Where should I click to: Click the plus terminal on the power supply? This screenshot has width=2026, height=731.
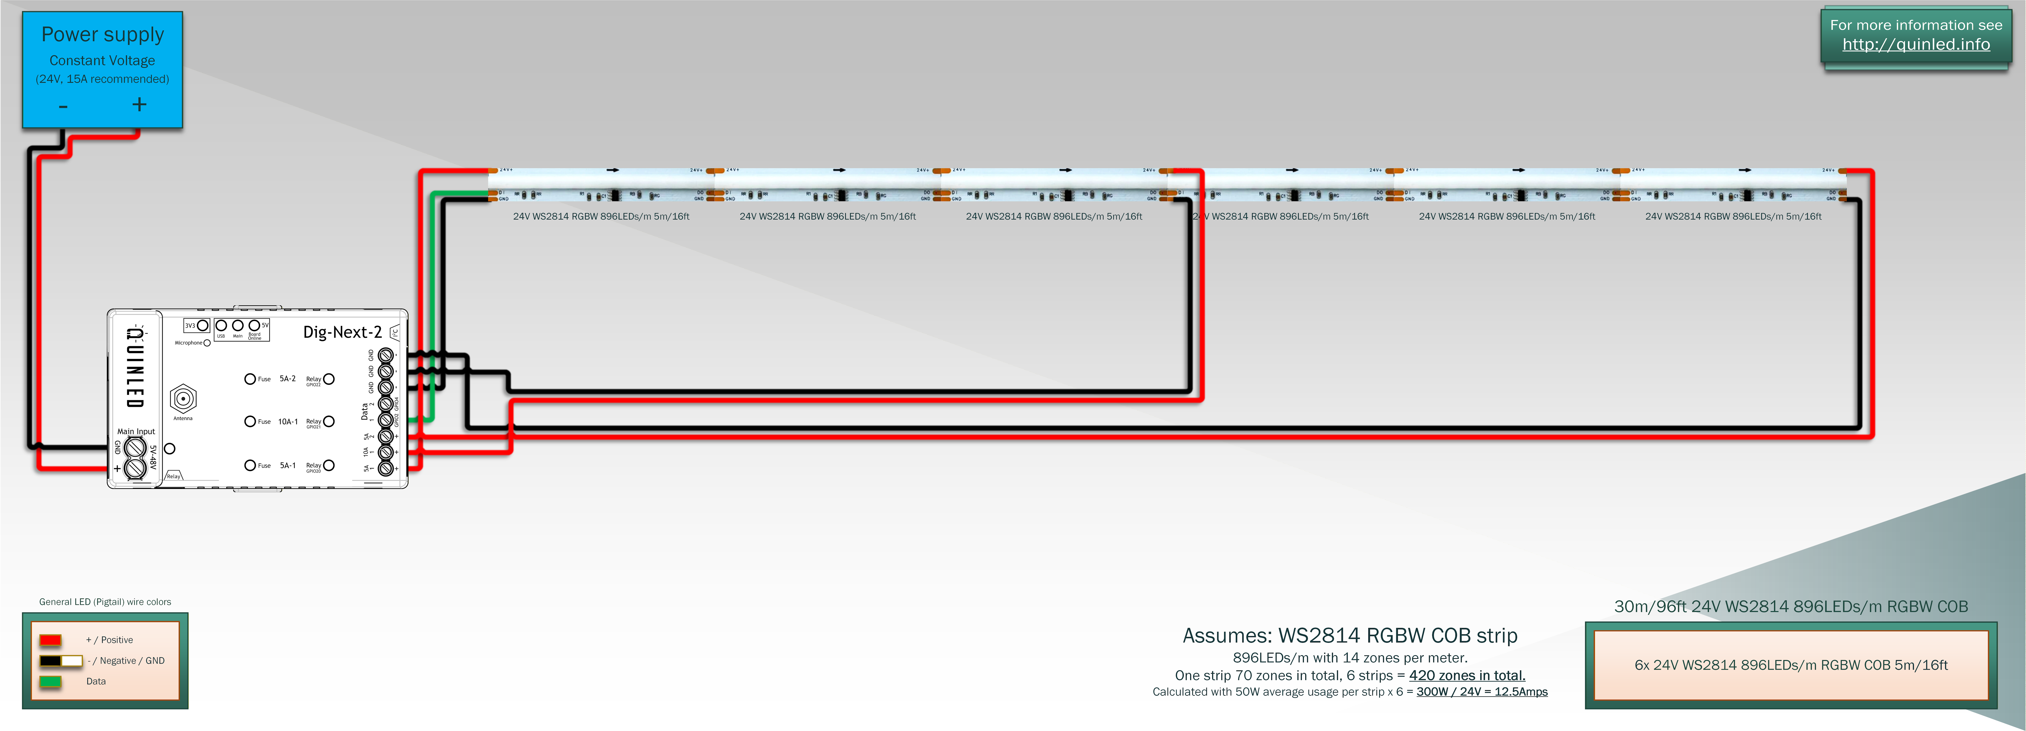pos(139,105)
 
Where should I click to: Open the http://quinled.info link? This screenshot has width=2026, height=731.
pos(1916,45)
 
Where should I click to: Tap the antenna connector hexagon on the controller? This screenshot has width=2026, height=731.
pos(183,398)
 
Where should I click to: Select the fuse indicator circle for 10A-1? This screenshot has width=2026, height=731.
pos(250,421)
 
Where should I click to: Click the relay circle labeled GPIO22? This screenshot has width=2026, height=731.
pos(329,379)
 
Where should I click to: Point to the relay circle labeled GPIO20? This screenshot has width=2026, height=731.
pos(329,465)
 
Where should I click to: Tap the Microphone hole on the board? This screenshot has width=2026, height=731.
pos(207,343)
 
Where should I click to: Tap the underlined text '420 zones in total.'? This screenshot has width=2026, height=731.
pos(1467,675)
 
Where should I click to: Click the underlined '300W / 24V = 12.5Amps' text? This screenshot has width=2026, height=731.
pos(1482,692)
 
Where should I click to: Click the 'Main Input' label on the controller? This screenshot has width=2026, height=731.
pos(136,432)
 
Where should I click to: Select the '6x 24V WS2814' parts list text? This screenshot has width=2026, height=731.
pos(1791,665)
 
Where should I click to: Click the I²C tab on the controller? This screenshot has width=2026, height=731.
pos(395,333)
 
